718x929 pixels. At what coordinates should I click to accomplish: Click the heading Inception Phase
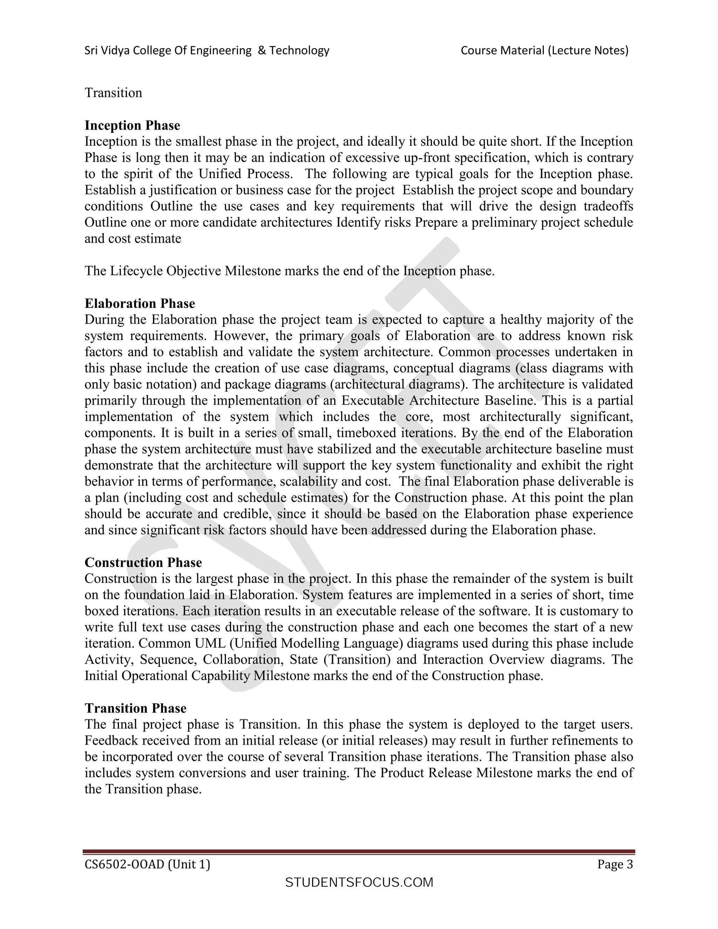coord(132,126)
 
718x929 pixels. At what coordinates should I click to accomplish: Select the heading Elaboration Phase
coord(140,304)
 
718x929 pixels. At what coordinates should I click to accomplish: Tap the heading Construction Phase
coord(143,563)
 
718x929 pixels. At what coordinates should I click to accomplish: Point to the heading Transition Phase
coord(135,708)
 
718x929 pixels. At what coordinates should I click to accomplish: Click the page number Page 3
coord(615,864)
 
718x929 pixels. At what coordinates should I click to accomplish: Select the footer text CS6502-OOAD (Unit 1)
coord(147,864)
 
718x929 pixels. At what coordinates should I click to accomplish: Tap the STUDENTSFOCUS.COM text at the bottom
coord(359,883)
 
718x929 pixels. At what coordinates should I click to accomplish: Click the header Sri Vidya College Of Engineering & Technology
coord(207,50)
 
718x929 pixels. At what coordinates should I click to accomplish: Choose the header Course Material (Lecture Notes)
coord(544,50)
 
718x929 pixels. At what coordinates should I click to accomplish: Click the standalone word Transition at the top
coord(113,93)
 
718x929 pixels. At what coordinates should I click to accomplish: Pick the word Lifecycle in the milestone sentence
coord(136,271)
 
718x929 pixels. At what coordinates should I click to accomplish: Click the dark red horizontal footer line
coord(359,852)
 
